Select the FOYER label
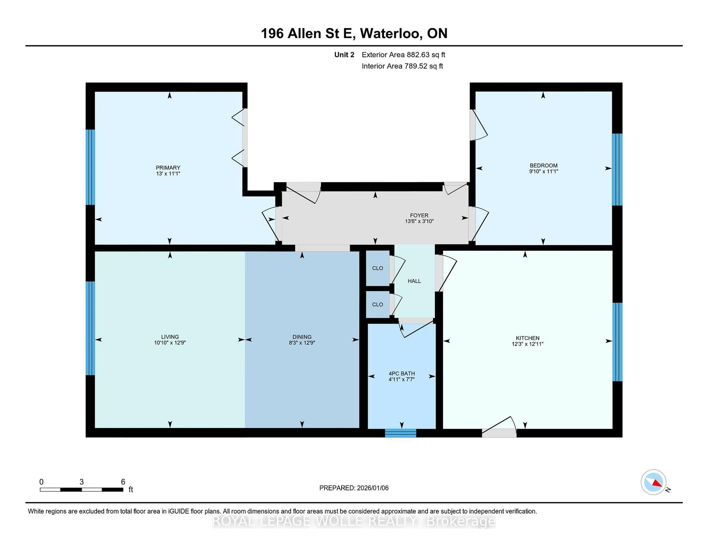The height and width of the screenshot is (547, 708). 419,215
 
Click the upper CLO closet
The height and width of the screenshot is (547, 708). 377,268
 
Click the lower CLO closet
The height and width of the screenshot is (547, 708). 377,304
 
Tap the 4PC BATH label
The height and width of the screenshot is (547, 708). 401,373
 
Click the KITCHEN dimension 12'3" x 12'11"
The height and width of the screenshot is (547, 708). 527,344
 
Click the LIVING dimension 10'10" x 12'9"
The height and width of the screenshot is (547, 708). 170,343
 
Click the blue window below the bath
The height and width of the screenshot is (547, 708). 400,433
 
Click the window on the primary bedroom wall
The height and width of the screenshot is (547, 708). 90,167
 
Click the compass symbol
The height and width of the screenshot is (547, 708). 653,482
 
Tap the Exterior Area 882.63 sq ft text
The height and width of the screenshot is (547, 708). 403,55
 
